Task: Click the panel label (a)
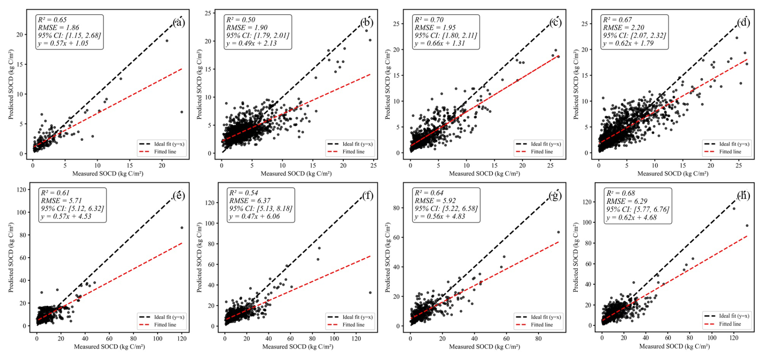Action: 178,22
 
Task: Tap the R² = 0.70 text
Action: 429,19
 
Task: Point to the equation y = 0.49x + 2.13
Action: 251,43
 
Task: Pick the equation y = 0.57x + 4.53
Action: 66,216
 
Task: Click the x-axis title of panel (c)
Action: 484,174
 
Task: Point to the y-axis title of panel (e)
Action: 11,257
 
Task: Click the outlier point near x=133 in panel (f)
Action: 370,292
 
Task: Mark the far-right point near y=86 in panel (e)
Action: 182,228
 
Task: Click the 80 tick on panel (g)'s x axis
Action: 538,339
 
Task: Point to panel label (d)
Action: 743,22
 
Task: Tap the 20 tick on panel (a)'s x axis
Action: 162,165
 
